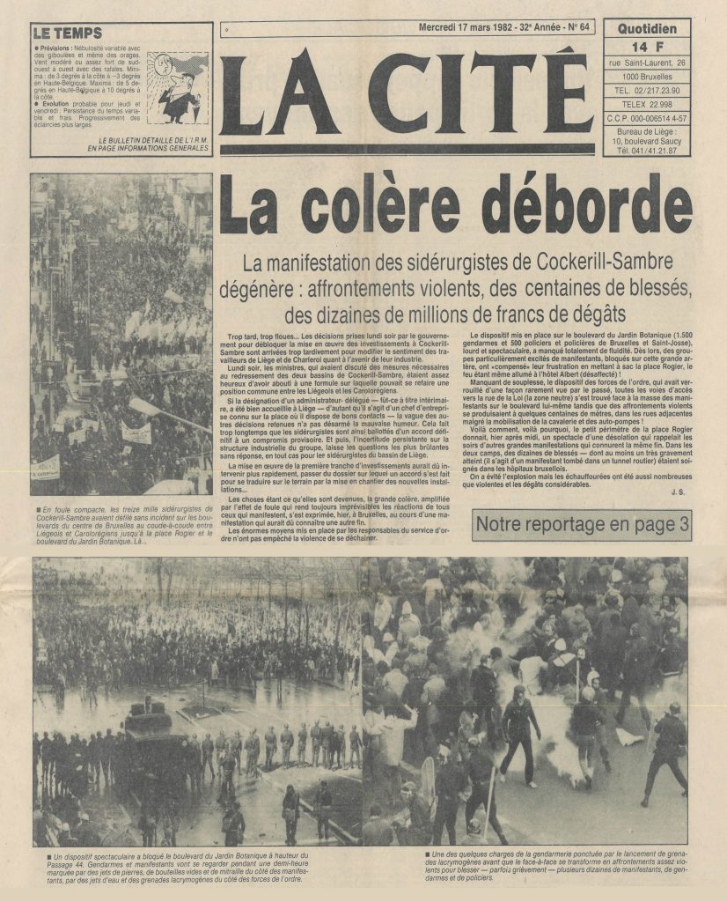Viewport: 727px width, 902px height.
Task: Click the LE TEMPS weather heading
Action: tap(68, 33)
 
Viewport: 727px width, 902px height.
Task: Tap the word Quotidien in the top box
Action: tap(646, 28)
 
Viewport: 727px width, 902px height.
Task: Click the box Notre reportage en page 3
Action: tap(582, 526)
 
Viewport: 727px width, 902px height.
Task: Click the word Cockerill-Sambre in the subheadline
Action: tap(579, 262)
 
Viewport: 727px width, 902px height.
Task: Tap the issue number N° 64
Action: tap(578, 27)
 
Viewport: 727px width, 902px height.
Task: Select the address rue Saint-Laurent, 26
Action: tap(646, 60)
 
